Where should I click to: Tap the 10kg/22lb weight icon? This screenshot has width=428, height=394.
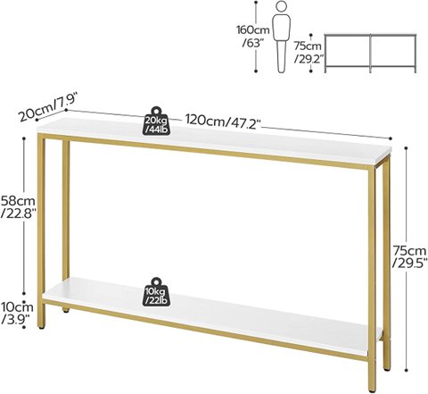156,292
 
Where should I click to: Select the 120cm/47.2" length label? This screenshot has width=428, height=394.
223,122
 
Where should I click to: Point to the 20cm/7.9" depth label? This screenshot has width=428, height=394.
47,107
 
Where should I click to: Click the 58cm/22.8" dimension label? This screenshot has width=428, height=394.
18,207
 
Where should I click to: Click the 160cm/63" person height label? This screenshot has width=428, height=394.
253,37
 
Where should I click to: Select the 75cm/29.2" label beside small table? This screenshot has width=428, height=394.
308,53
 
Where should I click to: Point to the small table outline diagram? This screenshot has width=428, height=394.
370,53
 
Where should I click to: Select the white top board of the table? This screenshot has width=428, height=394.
215,142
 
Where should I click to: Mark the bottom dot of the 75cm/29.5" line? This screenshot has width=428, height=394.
406,370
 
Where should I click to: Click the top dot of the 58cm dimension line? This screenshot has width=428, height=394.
24,138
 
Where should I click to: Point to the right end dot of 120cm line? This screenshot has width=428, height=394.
391,138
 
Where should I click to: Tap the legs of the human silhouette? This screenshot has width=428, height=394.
281,56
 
